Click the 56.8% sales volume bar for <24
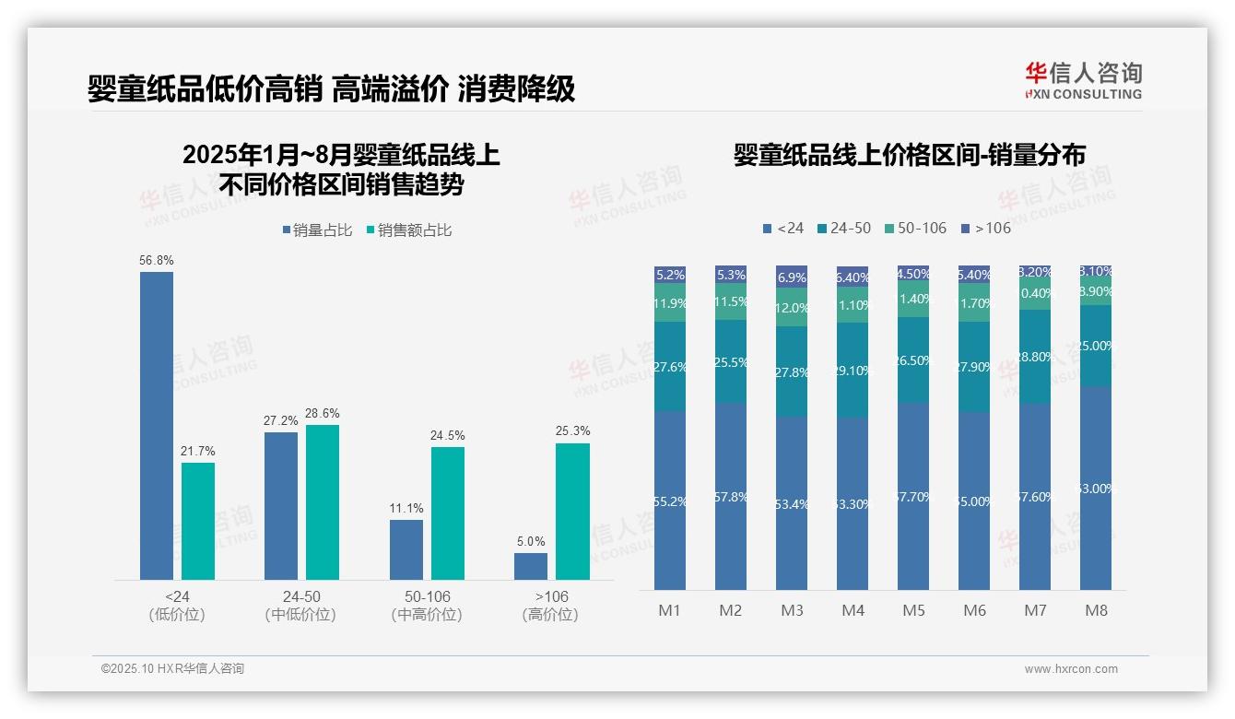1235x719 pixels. pos(157,425)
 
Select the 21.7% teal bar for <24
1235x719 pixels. pos(198,521)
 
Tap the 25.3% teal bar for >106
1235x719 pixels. pos(572,512)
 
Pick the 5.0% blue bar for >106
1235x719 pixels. pos(531,566)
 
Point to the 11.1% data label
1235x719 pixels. pos(406,508)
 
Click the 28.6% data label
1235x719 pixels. pos(323,413)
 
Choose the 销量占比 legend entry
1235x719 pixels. pos(316,230)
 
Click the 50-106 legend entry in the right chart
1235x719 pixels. pos(914,228)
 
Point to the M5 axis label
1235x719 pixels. pos(913,610)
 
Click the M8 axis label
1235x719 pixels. pos(1096,610)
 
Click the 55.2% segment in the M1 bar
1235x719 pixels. pos(670,501)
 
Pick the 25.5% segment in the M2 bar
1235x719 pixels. pos(731,362)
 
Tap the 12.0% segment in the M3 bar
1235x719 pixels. pos(792,308)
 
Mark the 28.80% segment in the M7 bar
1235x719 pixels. pos(1035,357)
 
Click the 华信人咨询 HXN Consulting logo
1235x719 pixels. pos(1083,80)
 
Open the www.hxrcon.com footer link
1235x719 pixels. pos(1071,669)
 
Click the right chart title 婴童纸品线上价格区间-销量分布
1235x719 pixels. pos(909,155)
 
